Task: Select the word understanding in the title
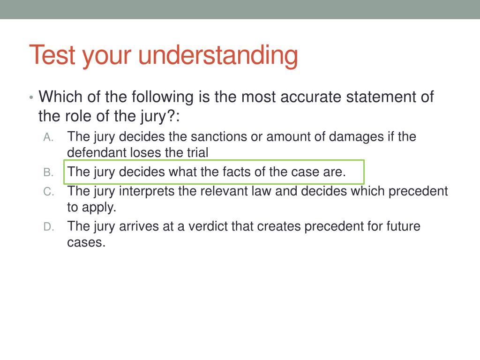218,56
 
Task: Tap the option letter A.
49,137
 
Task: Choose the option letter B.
49,172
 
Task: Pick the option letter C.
49,192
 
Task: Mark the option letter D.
49,227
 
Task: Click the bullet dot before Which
30,98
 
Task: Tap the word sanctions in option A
197,137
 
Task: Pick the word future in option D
403,227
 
